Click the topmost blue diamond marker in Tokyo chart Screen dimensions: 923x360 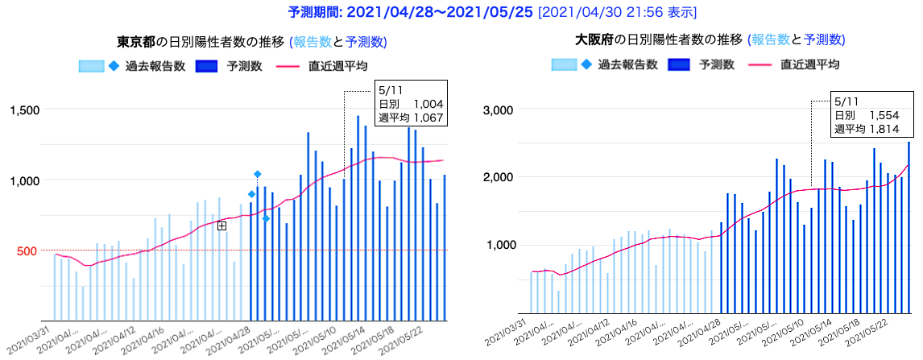pos(257,174)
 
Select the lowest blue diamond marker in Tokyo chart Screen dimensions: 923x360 pos(266,219)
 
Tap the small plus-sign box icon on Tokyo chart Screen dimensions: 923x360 pos(222,226)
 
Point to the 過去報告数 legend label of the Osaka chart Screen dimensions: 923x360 pos(622,64)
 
